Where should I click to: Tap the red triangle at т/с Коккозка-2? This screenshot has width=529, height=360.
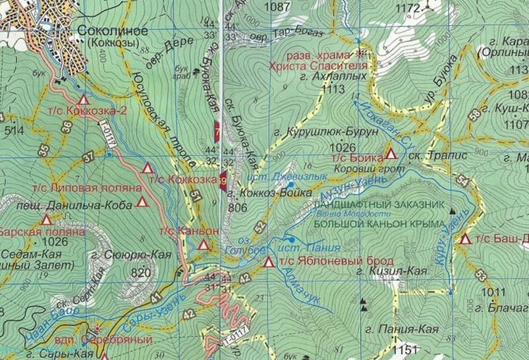(83, 100)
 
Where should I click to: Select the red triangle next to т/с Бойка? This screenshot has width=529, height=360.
(391, 154)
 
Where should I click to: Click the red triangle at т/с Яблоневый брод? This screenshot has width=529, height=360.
(268, 263)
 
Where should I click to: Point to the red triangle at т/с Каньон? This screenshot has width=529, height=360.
(204, 245)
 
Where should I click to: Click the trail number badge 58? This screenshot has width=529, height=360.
(474, 116)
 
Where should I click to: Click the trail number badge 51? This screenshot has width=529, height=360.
(195, 195)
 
